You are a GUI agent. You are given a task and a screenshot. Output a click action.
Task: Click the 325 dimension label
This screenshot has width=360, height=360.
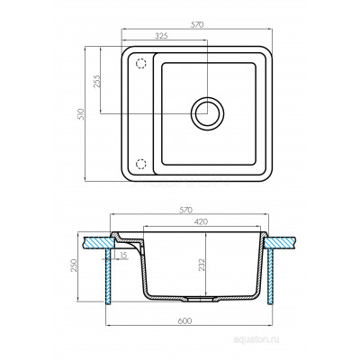coord(161,36)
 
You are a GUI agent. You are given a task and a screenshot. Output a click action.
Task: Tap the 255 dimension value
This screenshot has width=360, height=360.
coord(97,81)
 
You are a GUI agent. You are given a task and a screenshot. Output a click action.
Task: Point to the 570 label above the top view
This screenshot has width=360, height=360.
coord(197,25)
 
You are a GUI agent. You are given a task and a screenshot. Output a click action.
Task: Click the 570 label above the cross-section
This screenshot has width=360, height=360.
coord(185,211)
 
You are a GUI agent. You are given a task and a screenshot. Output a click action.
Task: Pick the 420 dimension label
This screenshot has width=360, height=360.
coord(201,222)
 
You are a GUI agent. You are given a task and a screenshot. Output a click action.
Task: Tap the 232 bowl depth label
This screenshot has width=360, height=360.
coord(202,265)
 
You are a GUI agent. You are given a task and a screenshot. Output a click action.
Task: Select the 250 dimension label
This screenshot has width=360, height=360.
coord(74,265)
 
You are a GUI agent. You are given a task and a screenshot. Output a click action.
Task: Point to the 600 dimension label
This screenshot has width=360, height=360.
coord(184,321)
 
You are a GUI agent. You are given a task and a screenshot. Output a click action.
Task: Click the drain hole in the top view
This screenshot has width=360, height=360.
coord(207,113)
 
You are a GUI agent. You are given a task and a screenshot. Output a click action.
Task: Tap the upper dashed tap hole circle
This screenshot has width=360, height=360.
coord(140,64)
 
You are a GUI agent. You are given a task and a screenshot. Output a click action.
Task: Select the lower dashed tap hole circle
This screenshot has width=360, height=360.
coord(140,164)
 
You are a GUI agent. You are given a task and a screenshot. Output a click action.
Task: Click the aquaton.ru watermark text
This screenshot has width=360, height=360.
coord(256,339)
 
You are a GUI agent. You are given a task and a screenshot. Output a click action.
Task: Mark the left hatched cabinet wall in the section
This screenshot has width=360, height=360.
coord(109,276)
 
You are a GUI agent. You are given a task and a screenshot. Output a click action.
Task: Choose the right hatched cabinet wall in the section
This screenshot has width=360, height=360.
coord(270,276)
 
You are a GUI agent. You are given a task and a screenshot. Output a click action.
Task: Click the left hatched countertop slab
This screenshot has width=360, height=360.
coord(99,242)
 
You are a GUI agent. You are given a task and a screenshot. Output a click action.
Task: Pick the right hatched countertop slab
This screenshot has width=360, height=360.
coord(281,242)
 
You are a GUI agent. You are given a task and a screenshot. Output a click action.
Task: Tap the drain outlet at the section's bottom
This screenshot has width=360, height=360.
coord(199,299)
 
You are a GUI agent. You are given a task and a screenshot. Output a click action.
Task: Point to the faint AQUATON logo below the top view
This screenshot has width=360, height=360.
coord(182,181)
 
